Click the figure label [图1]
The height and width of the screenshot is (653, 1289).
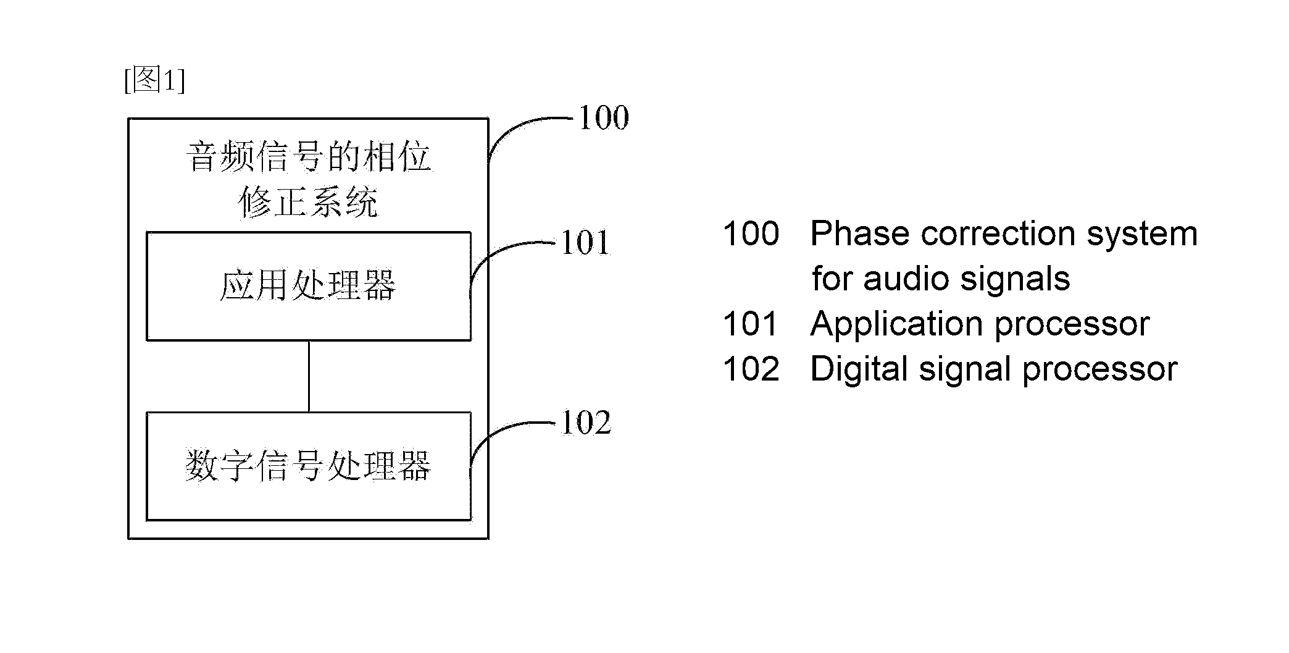click(154, 81)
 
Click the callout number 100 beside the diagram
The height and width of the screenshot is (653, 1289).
click(603, 117)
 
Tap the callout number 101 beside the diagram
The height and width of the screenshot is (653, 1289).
click(585, 243)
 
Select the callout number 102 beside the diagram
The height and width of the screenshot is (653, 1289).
click(586, 423)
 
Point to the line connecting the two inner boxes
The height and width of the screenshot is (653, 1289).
click(309, 376)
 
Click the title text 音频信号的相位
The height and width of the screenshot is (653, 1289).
click(309, 156)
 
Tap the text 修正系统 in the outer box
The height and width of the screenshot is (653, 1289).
click(308, 202)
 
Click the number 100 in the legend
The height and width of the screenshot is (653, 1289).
click(751, 234)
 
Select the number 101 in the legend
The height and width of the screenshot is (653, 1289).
click(751, 324)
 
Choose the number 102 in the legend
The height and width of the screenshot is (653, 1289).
click(751, 369)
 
